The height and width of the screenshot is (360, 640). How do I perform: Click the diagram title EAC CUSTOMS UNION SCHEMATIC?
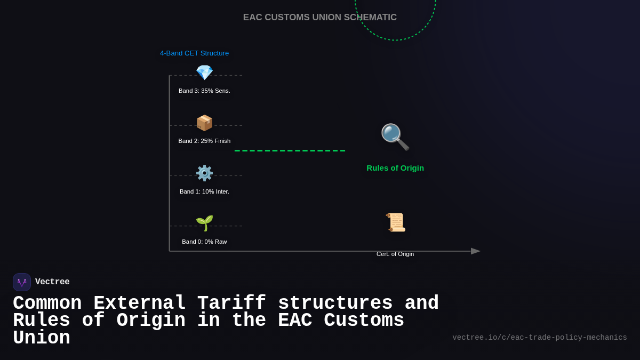tap(319, 18)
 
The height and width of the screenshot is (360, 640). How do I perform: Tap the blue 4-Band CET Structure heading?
tap(194, 53)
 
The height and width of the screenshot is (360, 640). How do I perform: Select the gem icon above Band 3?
tap(204, 73)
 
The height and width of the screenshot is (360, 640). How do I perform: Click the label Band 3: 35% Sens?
tap(204, 91)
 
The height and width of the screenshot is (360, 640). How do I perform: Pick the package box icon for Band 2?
tap(204, 123)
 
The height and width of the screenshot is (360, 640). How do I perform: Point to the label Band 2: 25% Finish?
tap(204, 141)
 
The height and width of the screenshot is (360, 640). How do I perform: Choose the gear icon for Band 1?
tap(204, 173)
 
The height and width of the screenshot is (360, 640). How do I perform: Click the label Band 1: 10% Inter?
tap(204, 191)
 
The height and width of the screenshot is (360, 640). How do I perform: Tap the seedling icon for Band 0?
tap(204, 223)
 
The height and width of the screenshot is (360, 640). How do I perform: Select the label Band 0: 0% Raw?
tap(204, 242)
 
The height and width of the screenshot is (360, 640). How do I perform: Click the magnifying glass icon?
tap(395, 137)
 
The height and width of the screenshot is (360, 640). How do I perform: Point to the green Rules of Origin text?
tap(395, 168)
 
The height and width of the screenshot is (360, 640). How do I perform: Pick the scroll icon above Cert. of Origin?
tap(396, 222)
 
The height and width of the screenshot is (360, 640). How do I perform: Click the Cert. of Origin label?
tap(395, 254)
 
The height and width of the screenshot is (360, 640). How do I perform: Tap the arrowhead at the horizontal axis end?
tap(476, 251)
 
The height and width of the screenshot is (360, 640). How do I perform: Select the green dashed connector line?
tap(290, 150)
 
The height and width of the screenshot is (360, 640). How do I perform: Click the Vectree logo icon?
tap(22, 282)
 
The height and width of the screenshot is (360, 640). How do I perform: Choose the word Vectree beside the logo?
tap(52, 282)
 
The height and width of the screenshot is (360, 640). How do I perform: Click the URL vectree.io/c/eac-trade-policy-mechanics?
tap(539, 338)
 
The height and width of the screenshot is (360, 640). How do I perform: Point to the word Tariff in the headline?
tap(232, 303)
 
